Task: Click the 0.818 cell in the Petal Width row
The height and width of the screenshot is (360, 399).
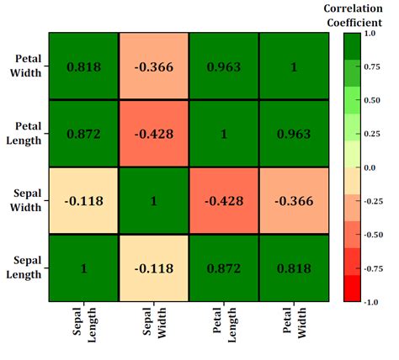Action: [x=83, y=66]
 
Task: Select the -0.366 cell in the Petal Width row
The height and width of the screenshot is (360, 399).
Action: [x=153, y=66]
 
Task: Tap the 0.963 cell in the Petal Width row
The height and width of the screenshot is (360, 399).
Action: [x=222, y=66]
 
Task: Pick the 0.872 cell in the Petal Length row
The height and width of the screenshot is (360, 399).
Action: [x=83, y=134]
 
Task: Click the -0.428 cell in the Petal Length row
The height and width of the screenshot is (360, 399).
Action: [x=153, y=134]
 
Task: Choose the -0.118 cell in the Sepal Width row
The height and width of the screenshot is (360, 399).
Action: [x=83, y=201]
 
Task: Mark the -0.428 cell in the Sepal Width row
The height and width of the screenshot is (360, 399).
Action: [x=222, y=201]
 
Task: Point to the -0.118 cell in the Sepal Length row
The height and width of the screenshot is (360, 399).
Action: [x=153, y=268]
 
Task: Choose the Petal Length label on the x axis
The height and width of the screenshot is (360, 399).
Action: [x=222, y=329]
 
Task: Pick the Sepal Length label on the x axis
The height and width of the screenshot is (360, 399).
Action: [x=83, y=329]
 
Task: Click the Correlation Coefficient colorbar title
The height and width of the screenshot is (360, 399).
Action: [x=354, y=15]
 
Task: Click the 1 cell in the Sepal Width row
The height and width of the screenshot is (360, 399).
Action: [x=153, y=201]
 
